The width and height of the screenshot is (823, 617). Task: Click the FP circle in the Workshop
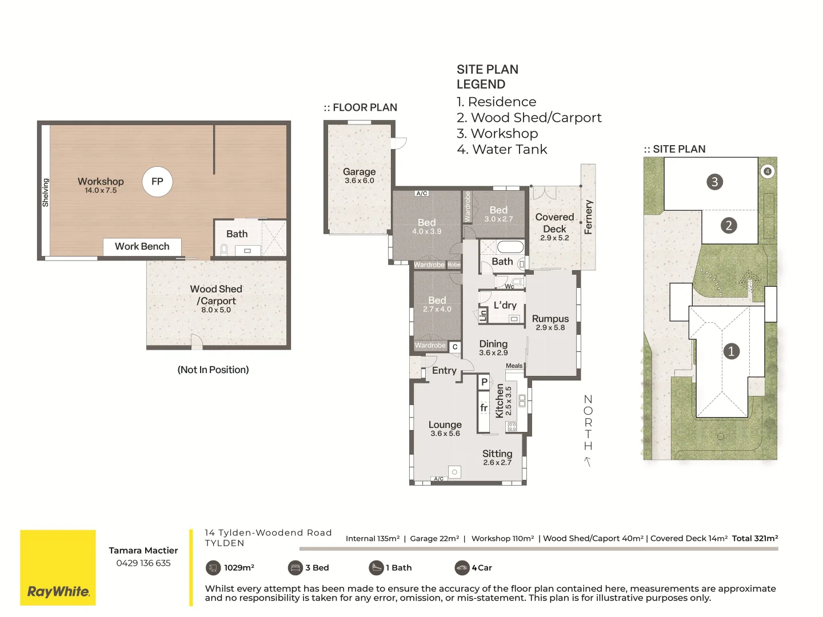[x=157, y=182]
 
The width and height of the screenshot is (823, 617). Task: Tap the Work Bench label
[x=142, y=246]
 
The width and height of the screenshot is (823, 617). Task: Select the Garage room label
[x=359, y=172]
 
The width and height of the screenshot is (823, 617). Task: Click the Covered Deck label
[x=554, y=223]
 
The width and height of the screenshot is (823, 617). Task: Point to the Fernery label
[x=588, y=217]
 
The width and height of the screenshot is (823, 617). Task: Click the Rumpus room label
[x=550, y=319]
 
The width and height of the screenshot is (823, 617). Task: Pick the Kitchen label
[x=500, y=400]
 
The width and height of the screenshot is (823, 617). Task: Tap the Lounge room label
[x=445, y=425]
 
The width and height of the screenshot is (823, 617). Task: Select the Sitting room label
[x=497, y=454]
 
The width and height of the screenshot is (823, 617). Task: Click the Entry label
[x=444, y=371]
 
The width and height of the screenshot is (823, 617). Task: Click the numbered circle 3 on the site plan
[x=714, y=182]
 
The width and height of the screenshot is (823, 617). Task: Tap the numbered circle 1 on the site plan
[x=731, y=351]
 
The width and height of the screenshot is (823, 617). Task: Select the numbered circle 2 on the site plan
[x=728, y=226]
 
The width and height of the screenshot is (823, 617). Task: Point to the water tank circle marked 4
[x=768, y=171]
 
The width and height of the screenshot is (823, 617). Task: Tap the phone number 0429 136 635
[x=143, y=563]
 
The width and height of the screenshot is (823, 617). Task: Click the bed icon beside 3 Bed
[x=295, y=568]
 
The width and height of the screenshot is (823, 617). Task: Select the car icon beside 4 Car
[x=461, y=568]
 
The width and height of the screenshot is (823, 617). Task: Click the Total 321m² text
[x=754, y=538]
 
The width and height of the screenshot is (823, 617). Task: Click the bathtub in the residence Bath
[x=510, y=247]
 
